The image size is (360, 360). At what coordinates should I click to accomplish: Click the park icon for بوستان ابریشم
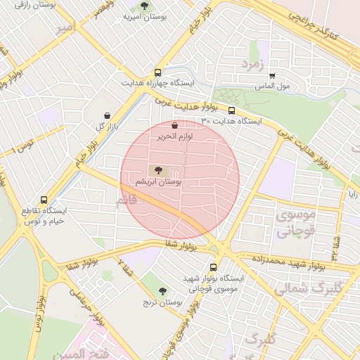156,169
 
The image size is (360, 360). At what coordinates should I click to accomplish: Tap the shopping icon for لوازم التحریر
174,125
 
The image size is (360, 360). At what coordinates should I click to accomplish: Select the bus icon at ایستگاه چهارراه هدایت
157,72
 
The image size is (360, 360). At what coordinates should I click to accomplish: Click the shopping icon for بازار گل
107,115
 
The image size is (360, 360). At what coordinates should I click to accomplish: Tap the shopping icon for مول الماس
272,76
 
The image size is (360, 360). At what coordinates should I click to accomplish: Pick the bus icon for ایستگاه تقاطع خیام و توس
44,200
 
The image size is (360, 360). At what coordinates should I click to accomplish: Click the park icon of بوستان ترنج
162,291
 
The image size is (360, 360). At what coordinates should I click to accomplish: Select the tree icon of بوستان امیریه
144,6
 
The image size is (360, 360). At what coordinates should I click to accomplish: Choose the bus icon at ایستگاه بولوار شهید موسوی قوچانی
214,267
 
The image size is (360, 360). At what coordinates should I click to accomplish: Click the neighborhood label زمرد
251,64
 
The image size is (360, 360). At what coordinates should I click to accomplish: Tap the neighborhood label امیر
65,28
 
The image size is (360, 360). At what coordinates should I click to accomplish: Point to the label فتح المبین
86,352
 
